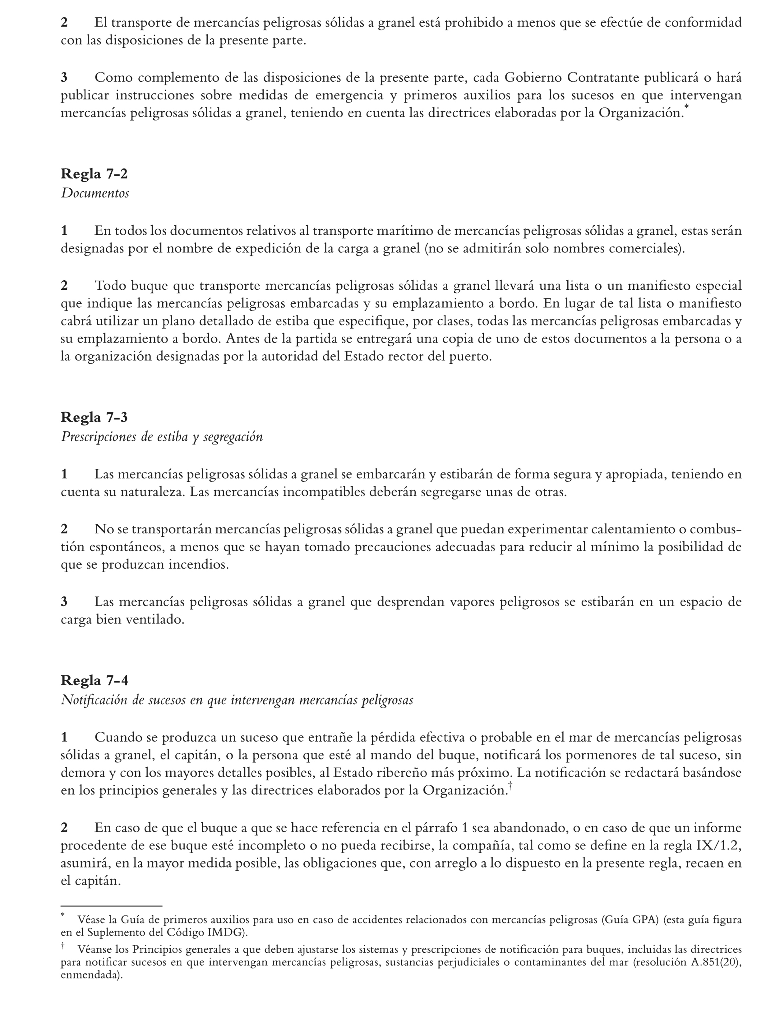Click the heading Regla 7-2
click(94, 174)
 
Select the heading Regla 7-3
click(94, 417)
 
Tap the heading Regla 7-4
click(94, 680)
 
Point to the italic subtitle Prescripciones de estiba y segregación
click(162, 437)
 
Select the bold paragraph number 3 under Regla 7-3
click(64, 602)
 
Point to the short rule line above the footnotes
click(111, 906)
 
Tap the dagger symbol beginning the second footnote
click(63, 946)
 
